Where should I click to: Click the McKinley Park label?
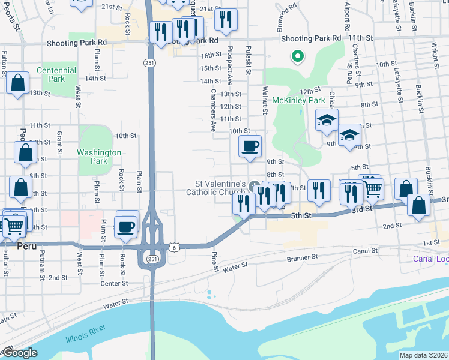tap(298, 100)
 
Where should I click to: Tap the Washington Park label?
tap(99, 157)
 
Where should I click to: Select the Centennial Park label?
tap(56, 74)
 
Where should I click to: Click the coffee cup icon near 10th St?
tap(250, 146)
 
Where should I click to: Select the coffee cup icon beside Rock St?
tap(126, 227)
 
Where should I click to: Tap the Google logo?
tap(20, 353)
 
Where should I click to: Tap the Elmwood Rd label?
tap(286, 17)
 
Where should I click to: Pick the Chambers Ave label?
tap(212, 110)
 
